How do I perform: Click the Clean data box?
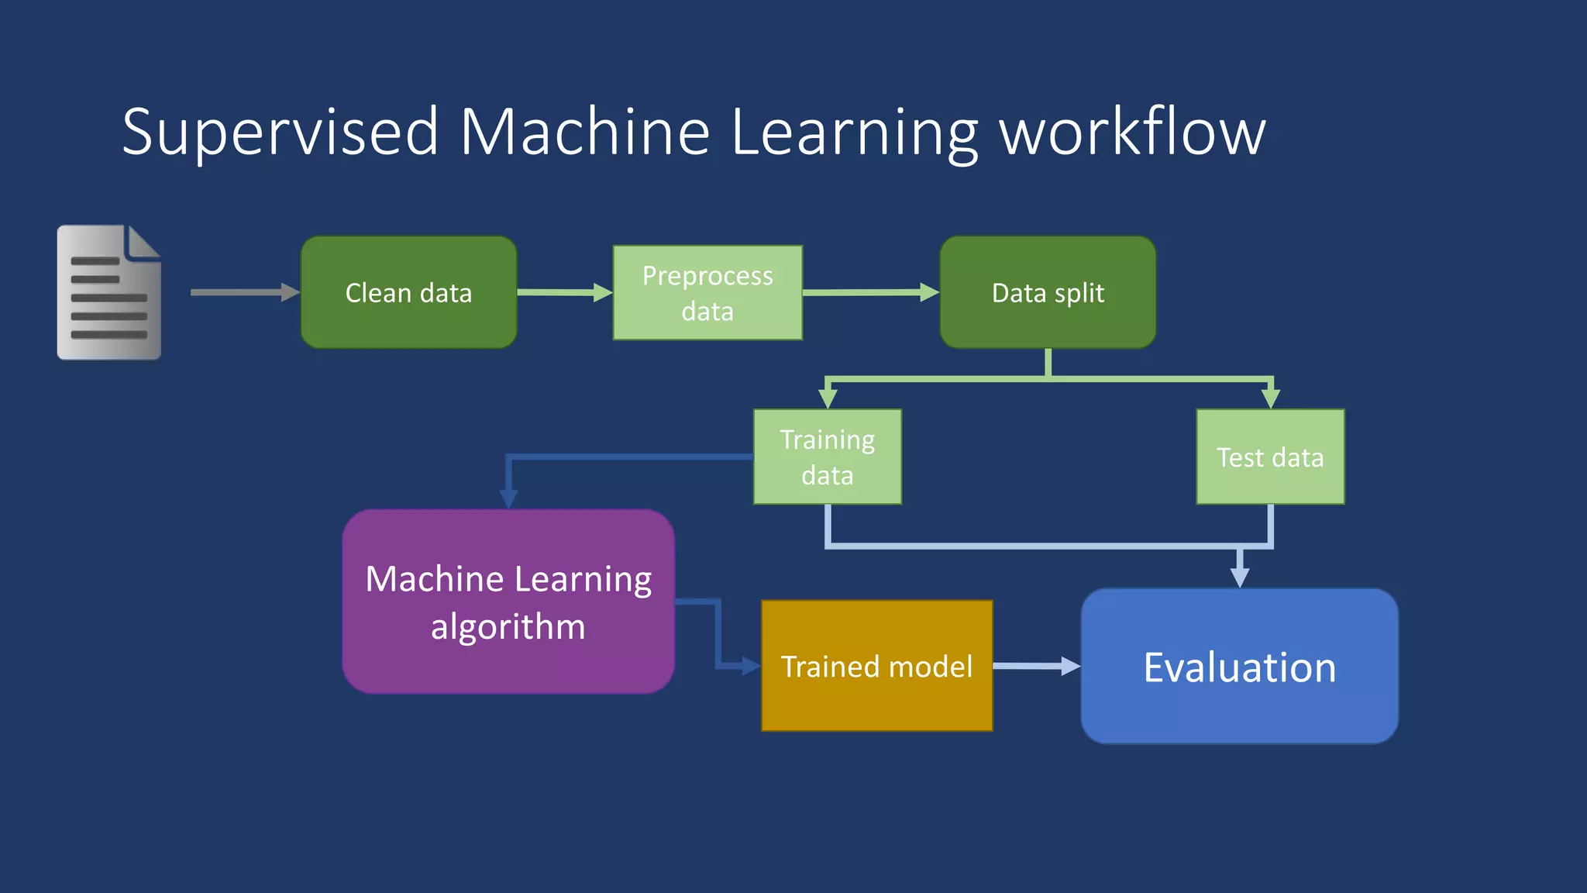[x=408, y=292]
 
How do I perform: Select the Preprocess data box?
[x=707, y=292]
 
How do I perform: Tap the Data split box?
[x=1048, y=292]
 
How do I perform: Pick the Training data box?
[x=827, y=457]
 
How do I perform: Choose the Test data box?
[x=1270, y=457]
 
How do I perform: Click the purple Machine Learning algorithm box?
[x=508, y=602]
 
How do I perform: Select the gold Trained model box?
[x=876, y=666]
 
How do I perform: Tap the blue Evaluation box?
[x=1239, y=666]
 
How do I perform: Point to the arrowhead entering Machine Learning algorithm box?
[x=508, y=498]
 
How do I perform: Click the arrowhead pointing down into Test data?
[x=1270, y=398]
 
